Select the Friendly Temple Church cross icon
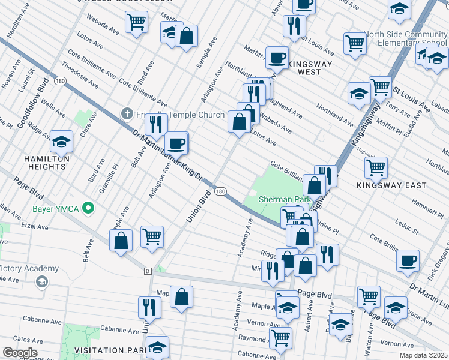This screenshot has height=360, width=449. coord(127,113)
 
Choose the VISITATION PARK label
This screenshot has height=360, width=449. coord(108,350)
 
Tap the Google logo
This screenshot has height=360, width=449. coord(19,353)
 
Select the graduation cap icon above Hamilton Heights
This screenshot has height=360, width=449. coord(61,142)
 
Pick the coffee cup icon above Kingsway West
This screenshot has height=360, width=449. coord(277,58)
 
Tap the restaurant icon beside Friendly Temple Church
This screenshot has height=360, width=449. coord(156,124)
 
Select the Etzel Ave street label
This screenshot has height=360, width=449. coord(35,227)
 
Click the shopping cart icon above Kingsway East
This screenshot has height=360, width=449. coord(376,167)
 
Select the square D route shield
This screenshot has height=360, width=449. coord(147,271)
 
